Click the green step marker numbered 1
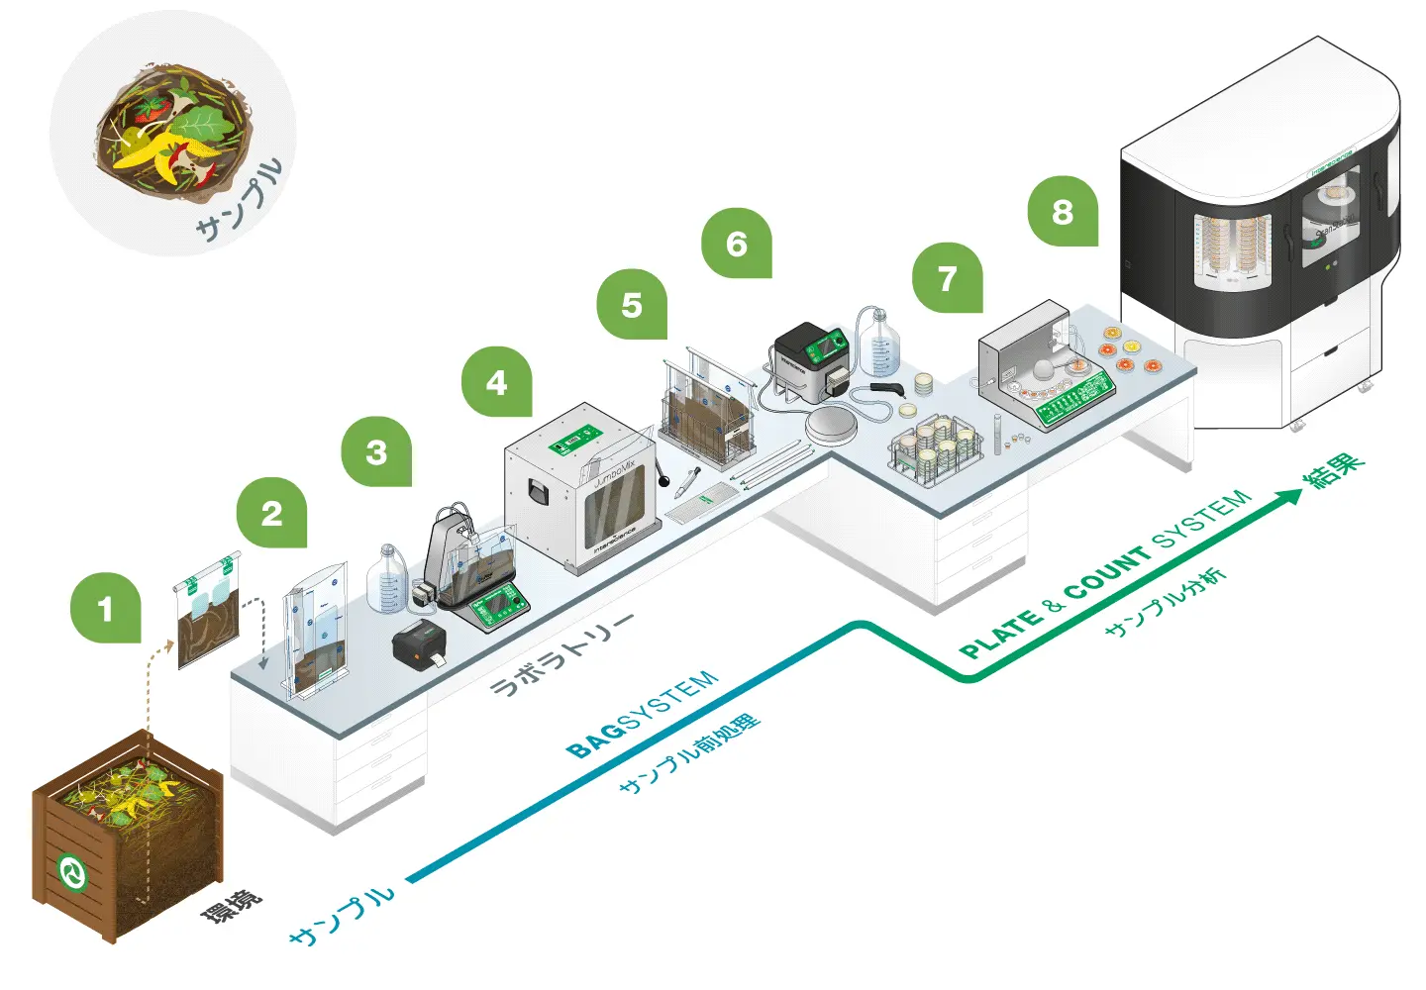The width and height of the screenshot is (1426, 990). (105, 608)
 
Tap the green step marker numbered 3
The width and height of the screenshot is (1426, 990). (376, 452)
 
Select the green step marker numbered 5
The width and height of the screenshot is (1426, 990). (632, 305)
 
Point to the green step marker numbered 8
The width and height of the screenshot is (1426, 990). (1063, 212)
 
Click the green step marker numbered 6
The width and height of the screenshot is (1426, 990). (737, 244)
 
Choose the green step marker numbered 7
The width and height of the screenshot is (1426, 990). (948, 279)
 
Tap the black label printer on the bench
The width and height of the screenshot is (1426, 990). (419, 644)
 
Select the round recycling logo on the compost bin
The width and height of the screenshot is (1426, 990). (72, 872)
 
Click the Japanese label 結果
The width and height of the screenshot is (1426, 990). (1334, 469)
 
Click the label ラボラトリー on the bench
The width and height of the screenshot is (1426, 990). (560, 654)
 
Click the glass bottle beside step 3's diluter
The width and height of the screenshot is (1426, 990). (387, 579)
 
